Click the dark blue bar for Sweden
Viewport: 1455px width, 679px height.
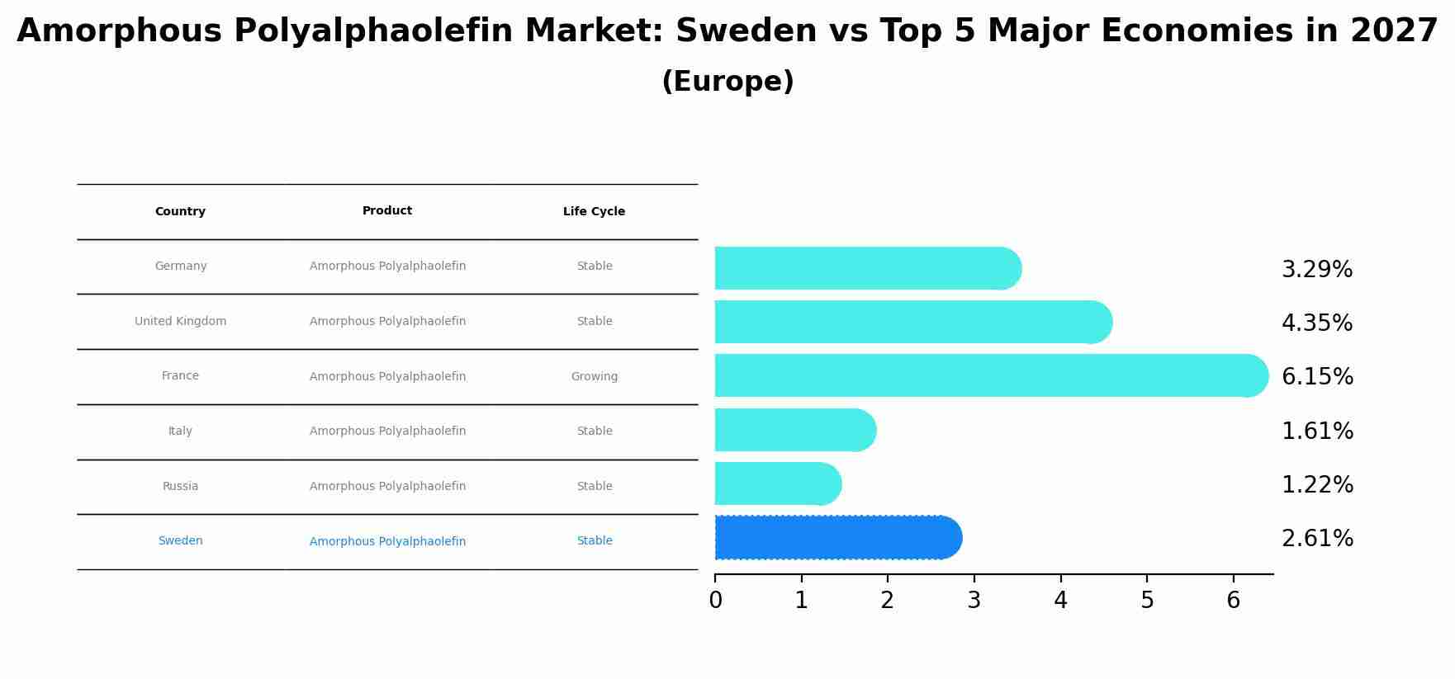click(x=834, y=538)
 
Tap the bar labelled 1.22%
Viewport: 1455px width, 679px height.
click(x=776, y=484)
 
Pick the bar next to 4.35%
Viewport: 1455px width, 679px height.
click(x=908, y=323)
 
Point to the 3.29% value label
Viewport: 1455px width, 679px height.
click(x=1316, y=270)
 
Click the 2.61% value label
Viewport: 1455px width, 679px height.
click(x=1316, y=539)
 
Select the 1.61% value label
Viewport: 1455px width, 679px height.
click(x=1316, y=431)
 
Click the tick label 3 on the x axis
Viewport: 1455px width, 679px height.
click(x=974, y=601)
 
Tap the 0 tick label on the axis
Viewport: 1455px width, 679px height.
click(x=715, y=601)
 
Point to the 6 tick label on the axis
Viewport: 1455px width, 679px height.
click(x=1233, y=601)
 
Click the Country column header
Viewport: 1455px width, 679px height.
click(x=180, y=212)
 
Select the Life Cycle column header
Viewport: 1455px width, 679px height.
click(x=594, y=212)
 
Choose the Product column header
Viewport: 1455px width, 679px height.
click(x=386, y=211)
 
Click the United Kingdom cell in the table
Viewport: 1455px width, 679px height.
click(x=180, y=322)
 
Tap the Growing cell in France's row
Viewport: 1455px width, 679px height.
click(x=594, y=377)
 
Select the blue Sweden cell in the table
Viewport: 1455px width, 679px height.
click(x=180, y=541)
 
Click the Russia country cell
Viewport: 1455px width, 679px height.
click(x=180, y=487)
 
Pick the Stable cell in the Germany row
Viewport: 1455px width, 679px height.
click(x=594, y=266)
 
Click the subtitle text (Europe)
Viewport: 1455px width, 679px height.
click(x=727, y=82)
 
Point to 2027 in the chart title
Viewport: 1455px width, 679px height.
click(x=1394, y=31)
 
